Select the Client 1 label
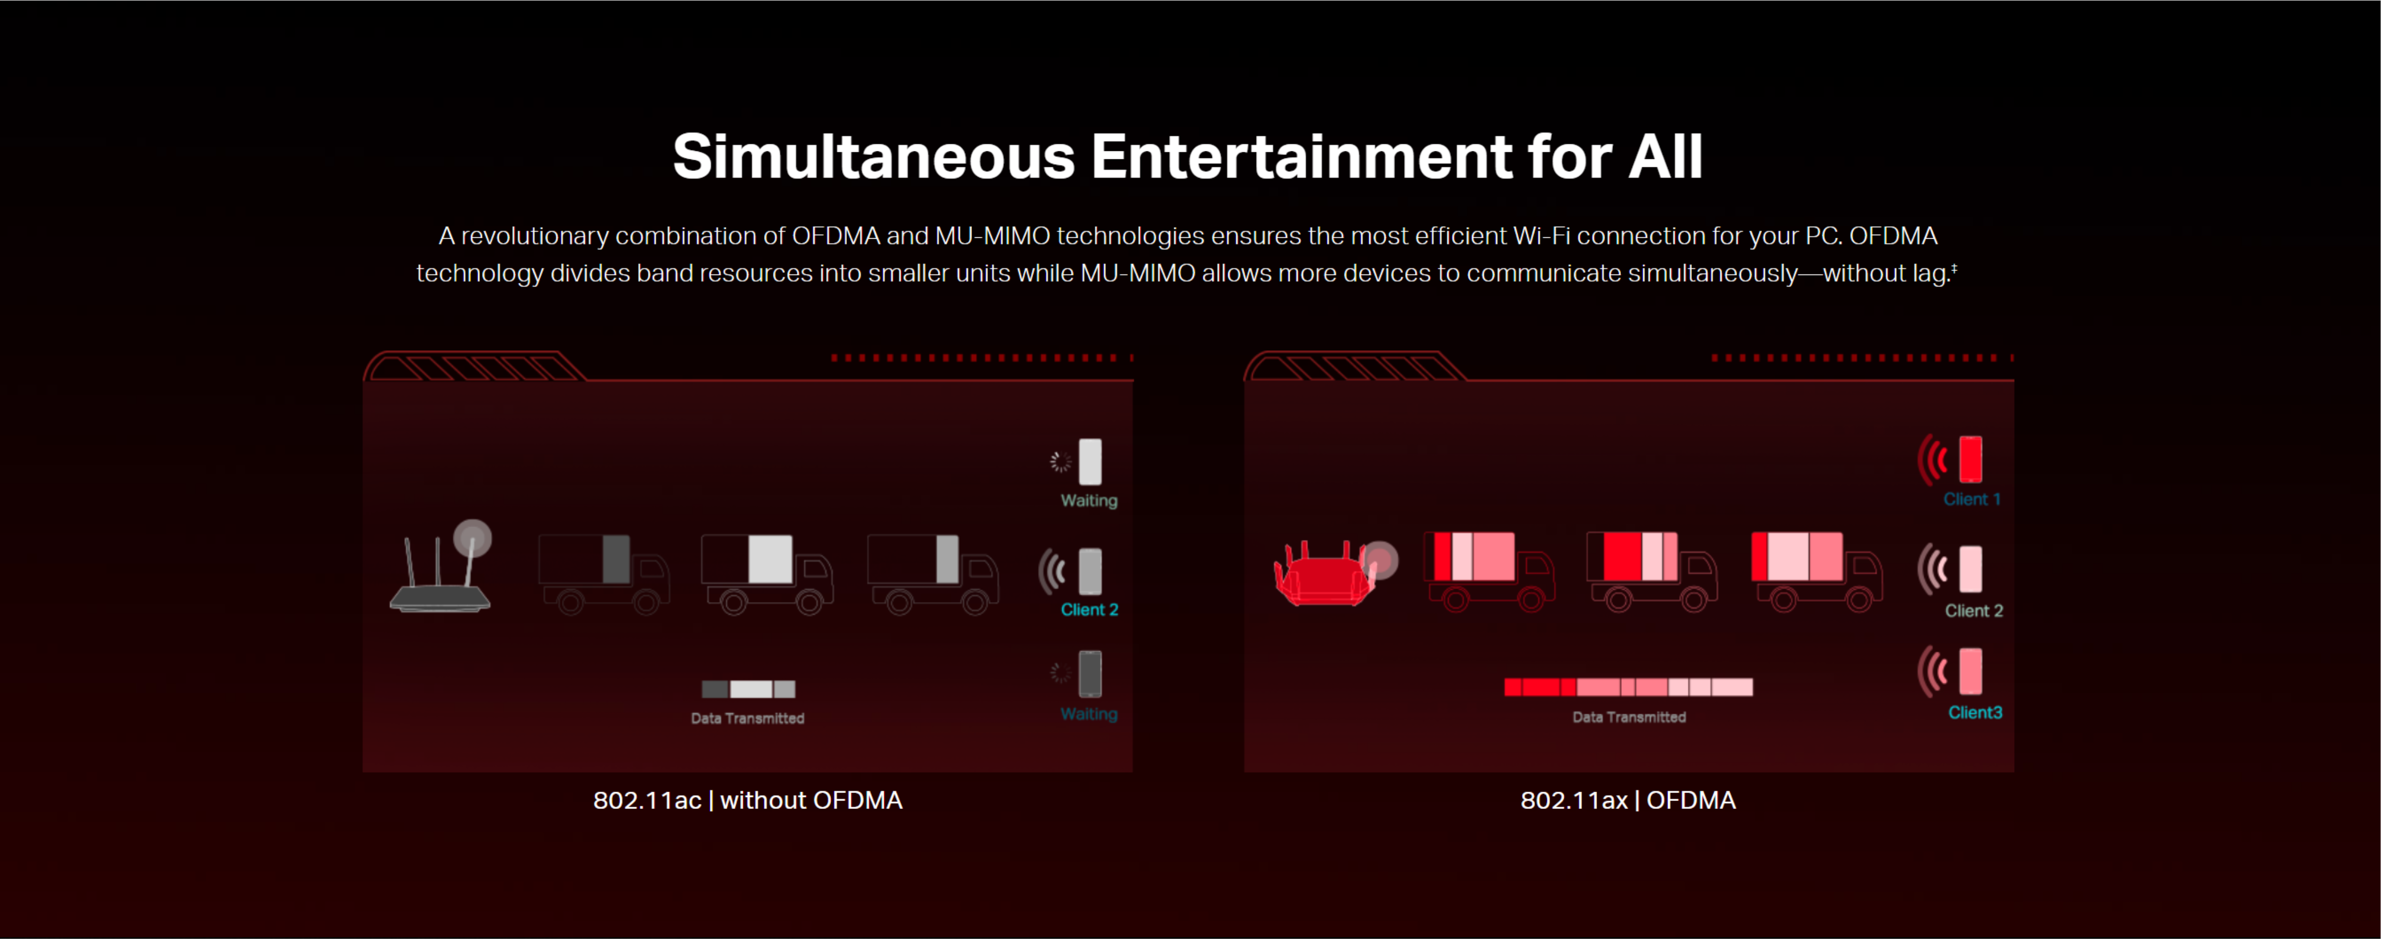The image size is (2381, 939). coord(1971,499)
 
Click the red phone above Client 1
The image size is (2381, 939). coord(1970,460)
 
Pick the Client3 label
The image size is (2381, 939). coord(1975,713)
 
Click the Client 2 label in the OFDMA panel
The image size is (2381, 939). coord(1973,611)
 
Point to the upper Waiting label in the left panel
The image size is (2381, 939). coord(1089,500)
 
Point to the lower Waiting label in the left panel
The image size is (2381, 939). coord(1089,714)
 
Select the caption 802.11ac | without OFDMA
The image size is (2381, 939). coord(748,801)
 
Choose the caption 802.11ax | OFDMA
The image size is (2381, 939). coord(1628,801)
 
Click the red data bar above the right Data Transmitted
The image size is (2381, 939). coord(1628,687)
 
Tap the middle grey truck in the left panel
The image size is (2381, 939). coord(767,573)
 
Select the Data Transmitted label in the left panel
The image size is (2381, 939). coord(748,718)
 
